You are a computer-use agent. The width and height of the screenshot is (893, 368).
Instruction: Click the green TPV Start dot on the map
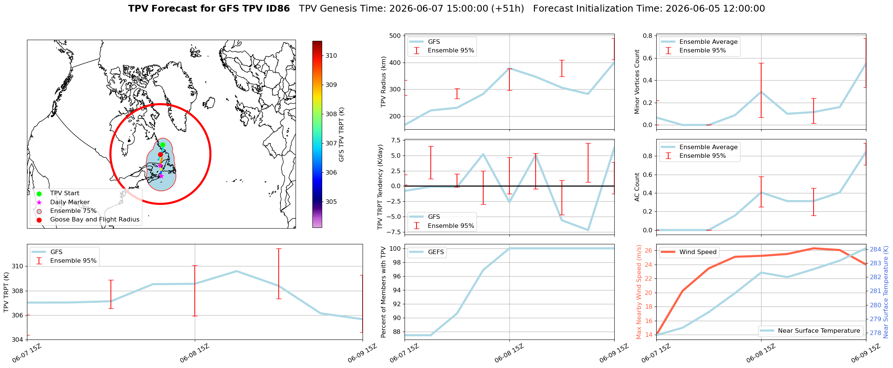point(163,145)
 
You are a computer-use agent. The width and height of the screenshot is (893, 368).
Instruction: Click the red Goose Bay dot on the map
point(160,154)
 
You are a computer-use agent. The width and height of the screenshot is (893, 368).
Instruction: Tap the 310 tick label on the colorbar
point(331,55)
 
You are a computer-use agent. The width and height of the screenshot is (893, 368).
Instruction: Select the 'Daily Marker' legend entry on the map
point(70,202)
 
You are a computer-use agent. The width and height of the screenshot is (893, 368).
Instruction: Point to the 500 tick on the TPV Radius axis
point(395,36)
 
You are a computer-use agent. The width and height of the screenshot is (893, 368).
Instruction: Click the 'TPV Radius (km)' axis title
point(383,82)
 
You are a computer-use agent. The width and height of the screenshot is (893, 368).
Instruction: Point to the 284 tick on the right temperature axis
point(875,250)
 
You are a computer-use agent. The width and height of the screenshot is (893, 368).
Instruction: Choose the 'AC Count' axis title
point(637,187)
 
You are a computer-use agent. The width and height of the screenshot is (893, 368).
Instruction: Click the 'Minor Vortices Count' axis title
point(637,82)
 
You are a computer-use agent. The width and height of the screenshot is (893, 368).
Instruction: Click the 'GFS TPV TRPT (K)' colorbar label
point(341,135)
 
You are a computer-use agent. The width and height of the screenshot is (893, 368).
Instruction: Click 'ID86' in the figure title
point(277,9)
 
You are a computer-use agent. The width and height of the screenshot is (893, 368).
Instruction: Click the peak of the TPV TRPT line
point(236,271)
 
